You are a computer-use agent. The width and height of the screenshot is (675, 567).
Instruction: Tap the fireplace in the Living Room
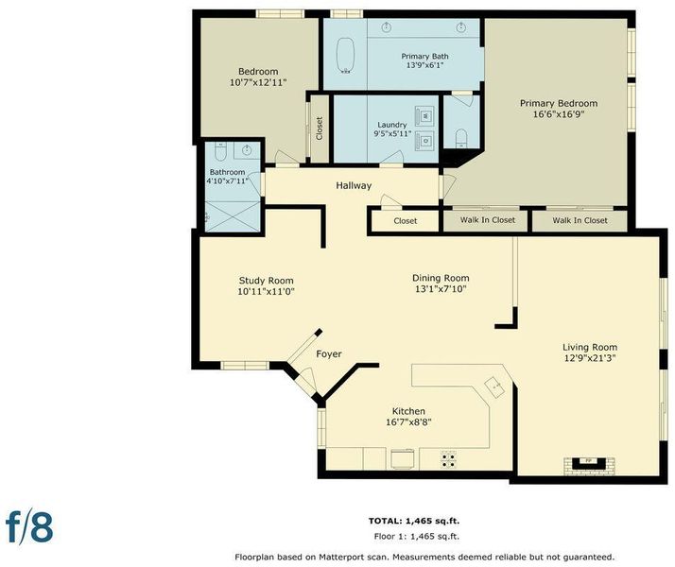[x=589, y=466]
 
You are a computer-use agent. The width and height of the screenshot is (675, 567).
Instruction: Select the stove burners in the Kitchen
[x=448, y=460]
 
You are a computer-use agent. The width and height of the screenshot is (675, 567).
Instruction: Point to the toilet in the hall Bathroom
[x=220, y=151]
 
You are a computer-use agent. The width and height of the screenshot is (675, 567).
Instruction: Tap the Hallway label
[x=354, y=186]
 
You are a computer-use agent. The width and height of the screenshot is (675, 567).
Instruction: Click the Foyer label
[x=329, y=354]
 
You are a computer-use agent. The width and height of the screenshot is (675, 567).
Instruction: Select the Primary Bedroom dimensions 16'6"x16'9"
[x=559, y=114]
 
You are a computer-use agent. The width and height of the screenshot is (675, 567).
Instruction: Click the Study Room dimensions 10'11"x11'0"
[x=266, y=292]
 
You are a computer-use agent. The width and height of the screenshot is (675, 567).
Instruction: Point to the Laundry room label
[x=391, y=125]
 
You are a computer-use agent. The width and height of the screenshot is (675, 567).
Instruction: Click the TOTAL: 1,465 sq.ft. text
[x=414, y=521]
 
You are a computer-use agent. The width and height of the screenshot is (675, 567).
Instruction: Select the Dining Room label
[x=441, y=278]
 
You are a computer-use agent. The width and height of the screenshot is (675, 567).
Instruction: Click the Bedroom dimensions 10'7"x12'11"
[x=258, y=82]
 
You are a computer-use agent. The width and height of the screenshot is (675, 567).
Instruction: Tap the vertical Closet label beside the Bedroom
[x=320, y=129]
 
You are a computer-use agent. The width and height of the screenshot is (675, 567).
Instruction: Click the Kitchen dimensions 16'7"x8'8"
[x=408, y=422]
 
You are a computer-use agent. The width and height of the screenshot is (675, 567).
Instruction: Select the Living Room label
[x=590, y=347]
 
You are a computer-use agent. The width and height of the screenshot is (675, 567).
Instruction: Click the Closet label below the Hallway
[x=405, y=221]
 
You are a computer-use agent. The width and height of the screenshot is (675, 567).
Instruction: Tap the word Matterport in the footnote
[x=338, y=558]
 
